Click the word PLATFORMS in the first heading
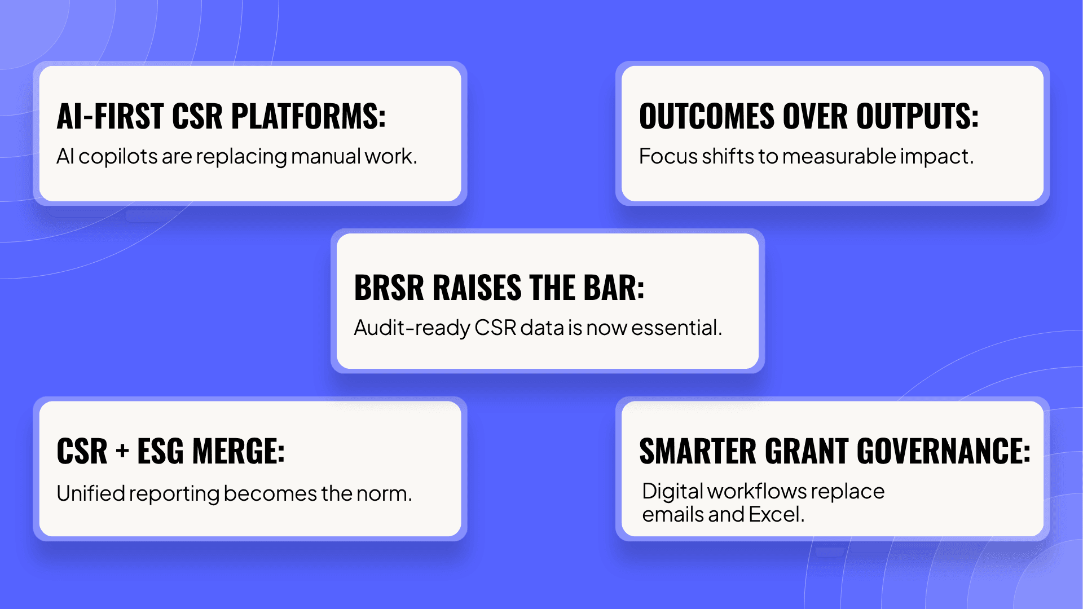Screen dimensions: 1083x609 [x=308, y=116]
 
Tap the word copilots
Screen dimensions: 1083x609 [x=118, y=157]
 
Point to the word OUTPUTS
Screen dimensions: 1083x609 [x=917, y=116]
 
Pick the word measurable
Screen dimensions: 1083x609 [x=839, y=156]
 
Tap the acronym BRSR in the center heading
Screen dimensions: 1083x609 [x=389, y=288]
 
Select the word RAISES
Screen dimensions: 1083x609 [x=477, y=288]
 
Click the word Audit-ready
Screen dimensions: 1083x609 [x=412, y=328]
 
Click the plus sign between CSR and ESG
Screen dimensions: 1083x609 [x=122, y=452]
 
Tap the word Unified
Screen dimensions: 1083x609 [x=91, y=493]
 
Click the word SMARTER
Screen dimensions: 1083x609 [x=697, y=451]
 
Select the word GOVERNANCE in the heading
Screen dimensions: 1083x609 [x=944, y=451]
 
